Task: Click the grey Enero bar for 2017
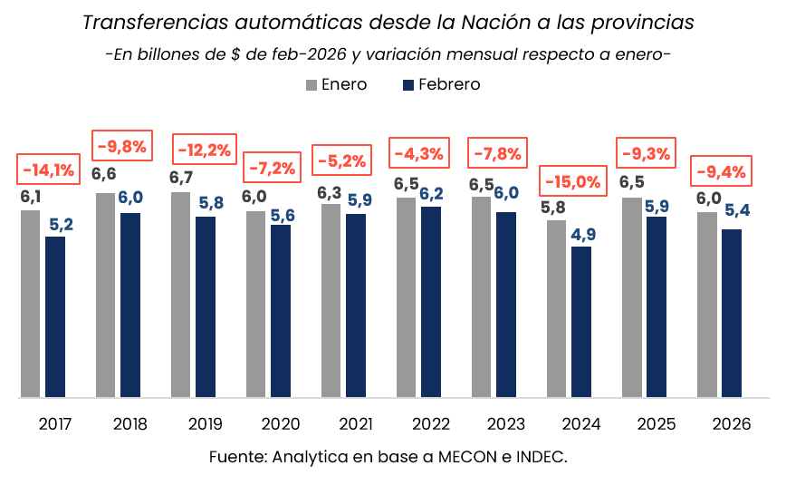tap(30, 304)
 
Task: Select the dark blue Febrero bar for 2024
tap(581, 322)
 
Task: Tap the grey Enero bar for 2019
tap(180, 295)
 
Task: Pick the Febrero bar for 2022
tap(431, 302)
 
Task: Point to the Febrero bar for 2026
tap(732, 313)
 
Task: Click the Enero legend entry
tap(337, 84)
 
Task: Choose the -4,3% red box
tap(418, 153)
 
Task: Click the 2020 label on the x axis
tap(281, 423)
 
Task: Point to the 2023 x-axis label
tap(505, 423)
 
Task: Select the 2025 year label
tap(656, 423)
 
